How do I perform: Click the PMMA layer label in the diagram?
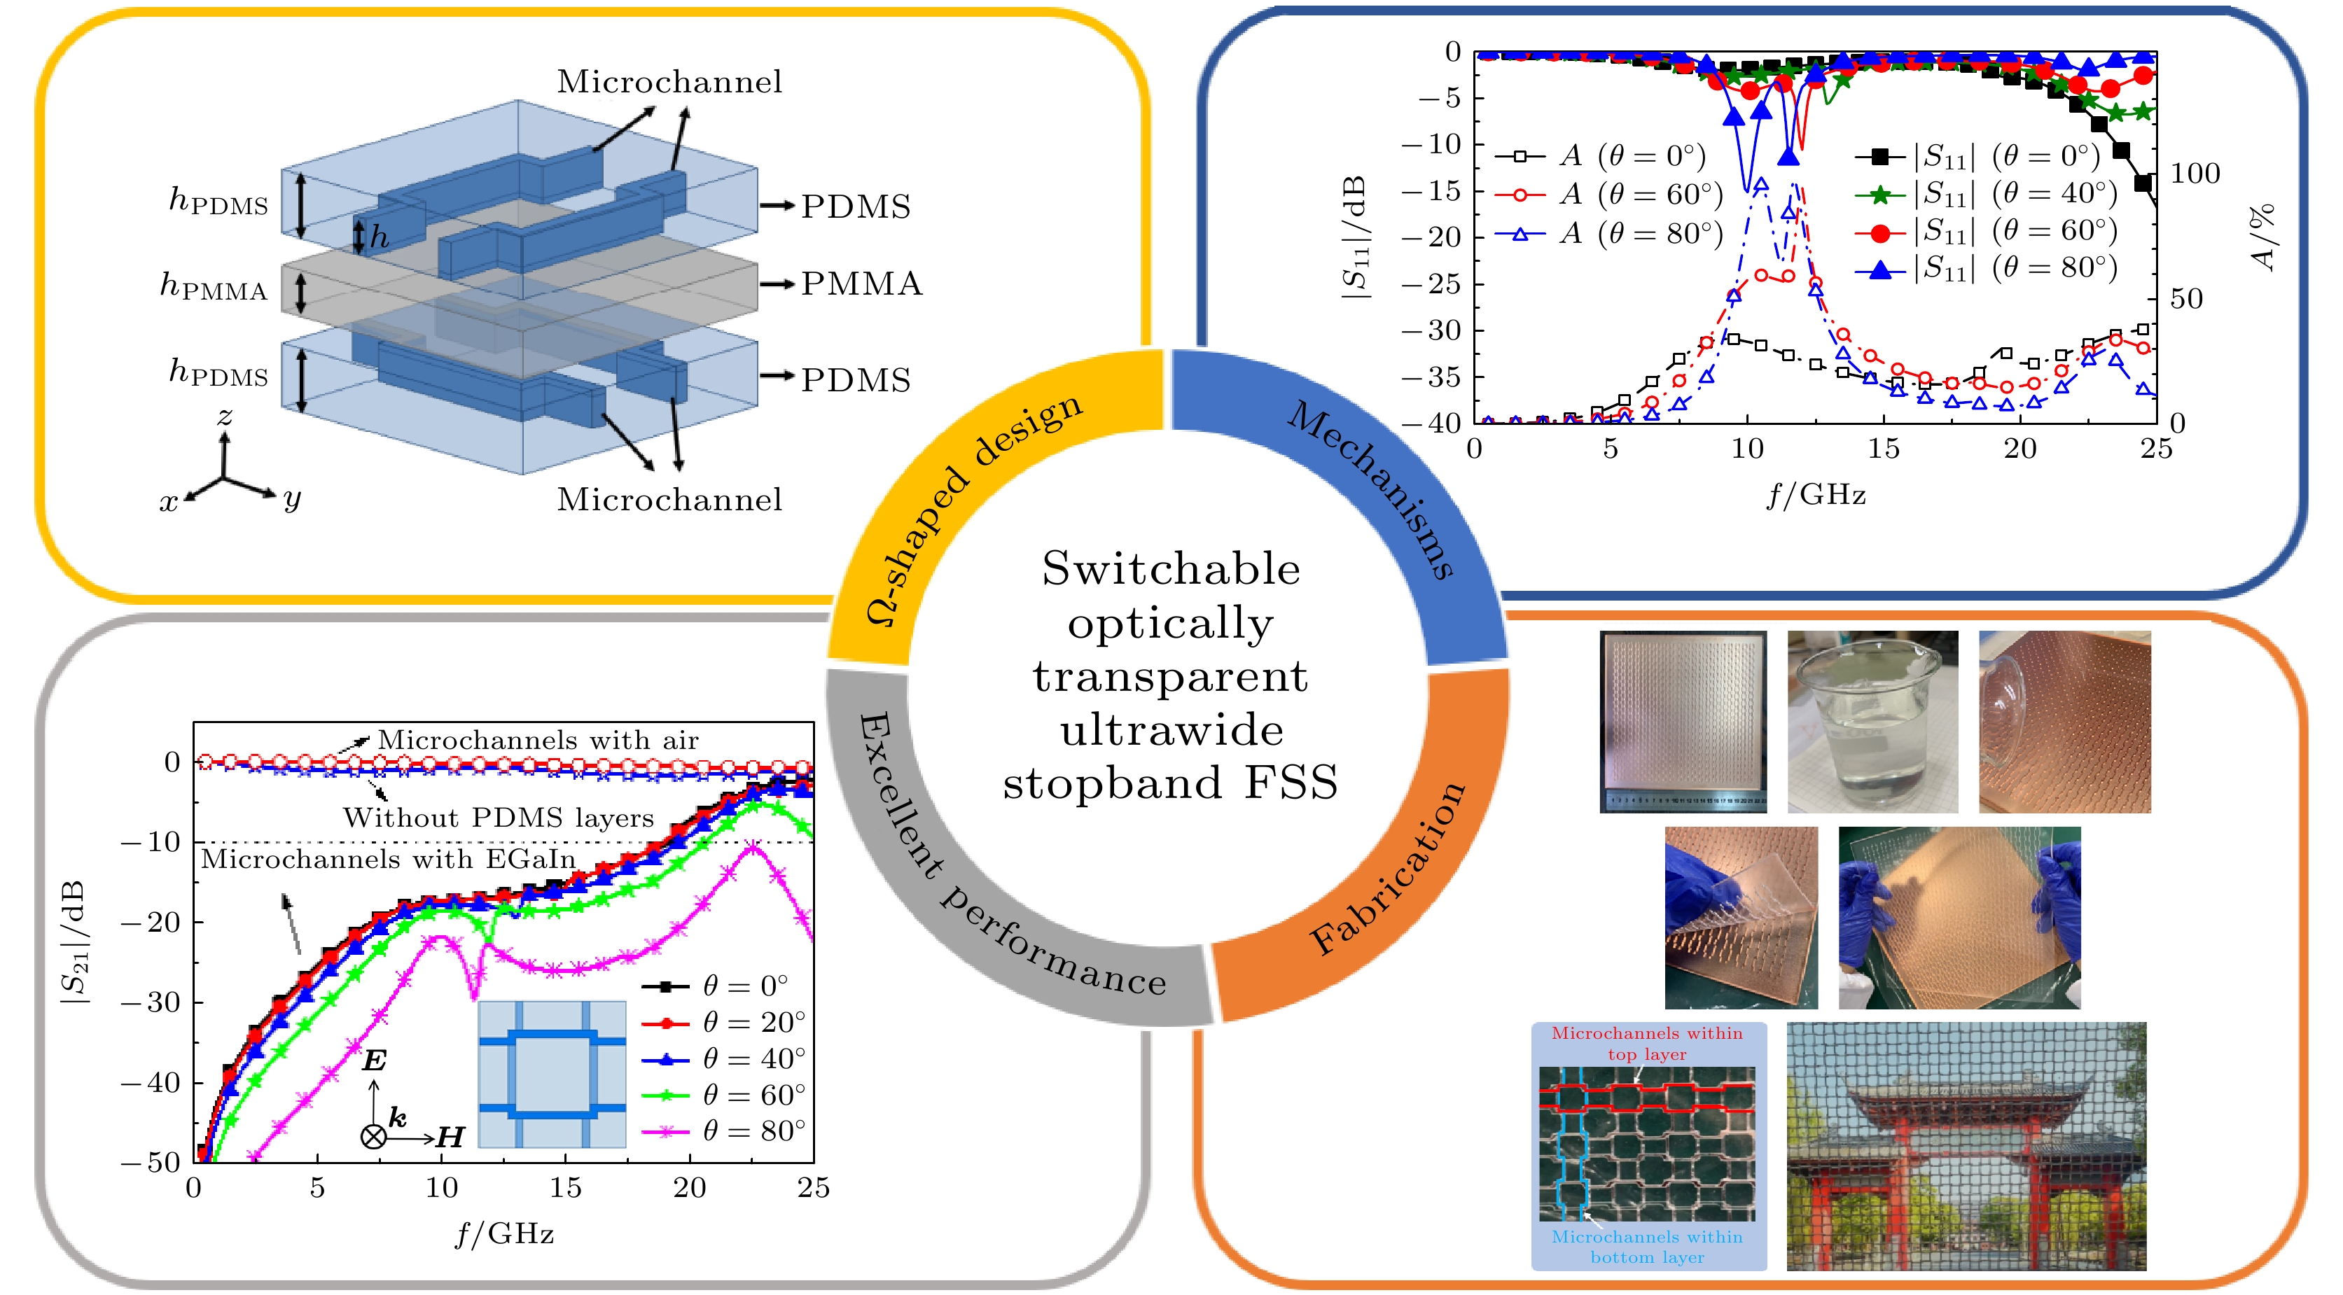861,283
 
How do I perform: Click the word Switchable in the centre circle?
1171,569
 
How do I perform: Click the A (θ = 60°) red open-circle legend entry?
1610,195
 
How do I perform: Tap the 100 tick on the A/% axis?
2195,174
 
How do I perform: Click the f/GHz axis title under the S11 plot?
1816,495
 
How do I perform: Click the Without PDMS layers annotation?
499,818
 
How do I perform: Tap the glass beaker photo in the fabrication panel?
1872,721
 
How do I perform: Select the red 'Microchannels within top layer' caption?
1647,1044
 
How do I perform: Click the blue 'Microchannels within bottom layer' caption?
1647,1247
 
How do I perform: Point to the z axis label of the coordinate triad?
225,417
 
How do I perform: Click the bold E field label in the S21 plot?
374,1060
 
